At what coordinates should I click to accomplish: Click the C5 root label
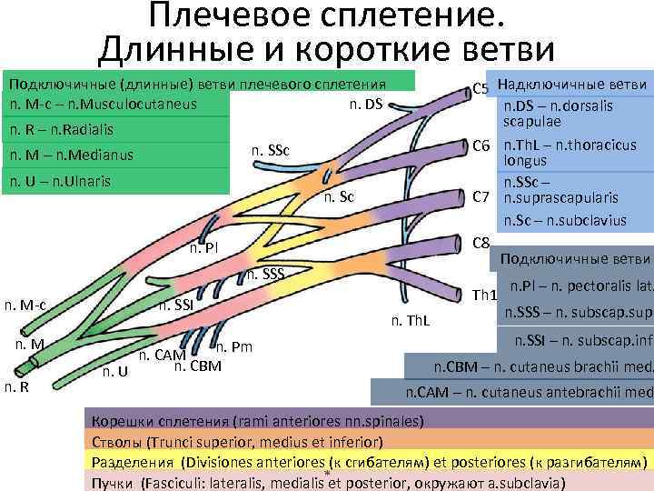tap(481, 89)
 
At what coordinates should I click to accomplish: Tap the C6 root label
tap(481, 145)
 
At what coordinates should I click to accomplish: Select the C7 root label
tap(481, 195)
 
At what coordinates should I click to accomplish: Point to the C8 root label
tap(482, 243)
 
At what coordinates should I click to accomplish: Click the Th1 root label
tap(485, 296)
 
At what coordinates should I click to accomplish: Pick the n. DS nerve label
tap(366, 104)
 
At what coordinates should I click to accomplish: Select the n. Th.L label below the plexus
tap(410, 319)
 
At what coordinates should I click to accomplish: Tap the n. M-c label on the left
tap(25, 305)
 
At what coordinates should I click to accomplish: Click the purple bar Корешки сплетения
tap(254, 422)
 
